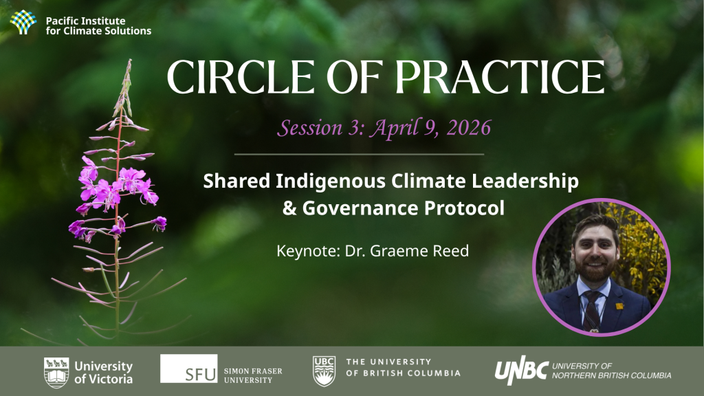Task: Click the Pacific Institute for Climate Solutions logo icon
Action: (x=23, y=23)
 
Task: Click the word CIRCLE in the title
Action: (x=240, y=77)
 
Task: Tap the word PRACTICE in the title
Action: (x=500, y=77)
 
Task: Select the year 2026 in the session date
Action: (x=469, y=128)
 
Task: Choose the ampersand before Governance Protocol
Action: (x=289, y=208)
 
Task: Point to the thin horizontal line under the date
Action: (x=359, y=154)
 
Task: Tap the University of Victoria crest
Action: (x=56, y=372)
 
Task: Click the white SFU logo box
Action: (x=188, y=368)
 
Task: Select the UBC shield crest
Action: (x=324, y=371)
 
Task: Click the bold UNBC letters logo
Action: (x=522, y=372)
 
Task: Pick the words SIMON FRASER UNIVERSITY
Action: (x=253, y=375)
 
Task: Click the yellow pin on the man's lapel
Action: (x=619, y=306)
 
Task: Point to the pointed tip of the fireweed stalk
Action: (x=130, y=60)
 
